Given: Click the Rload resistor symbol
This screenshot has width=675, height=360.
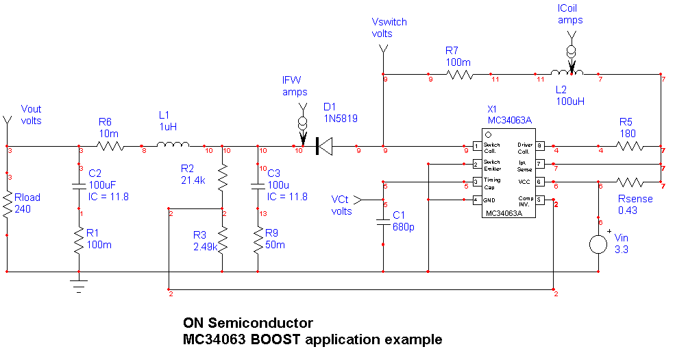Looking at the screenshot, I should coord(7,204).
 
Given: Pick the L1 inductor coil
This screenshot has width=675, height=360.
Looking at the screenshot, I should coord(173,145).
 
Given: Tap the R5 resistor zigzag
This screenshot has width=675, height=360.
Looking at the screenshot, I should coord(629,146).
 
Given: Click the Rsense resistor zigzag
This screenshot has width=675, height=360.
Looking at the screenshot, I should coord(629,182).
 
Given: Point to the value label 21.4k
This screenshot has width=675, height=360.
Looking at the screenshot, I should coord(193,180).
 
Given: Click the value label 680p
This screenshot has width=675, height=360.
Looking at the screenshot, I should coord(403,228).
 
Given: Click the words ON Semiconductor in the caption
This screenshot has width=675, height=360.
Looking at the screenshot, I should coord(247,323).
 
